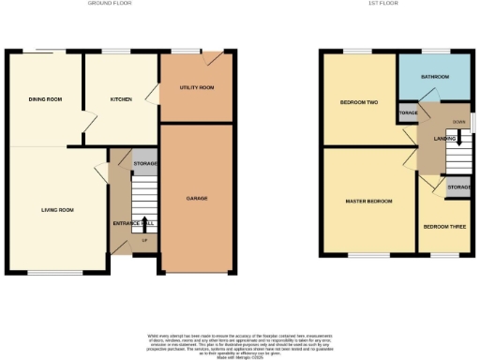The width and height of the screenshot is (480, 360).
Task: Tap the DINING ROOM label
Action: point(45,98)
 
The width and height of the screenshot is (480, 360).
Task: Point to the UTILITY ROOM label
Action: point(197,87)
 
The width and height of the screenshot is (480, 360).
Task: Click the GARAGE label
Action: point(196,198)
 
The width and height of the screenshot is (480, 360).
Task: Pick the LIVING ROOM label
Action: point(57,210)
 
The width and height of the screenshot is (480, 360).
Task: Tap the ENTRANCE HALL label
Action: point(133,222)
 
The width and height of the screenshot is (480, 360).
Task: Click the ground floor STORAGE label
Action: point(145,163)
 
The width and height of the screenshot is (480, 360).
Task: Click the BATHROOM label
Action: point(434,76)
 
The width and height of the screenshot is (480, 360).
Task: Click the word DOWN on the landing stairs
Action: point(458,122)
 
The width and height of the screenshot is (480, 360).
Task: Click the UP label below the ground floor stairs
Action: point(144,241)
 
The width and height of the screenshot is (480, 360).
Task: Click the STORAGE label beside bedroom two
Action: point(408,113)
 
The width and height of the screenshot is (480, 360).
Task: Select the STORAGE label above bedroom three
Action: point(457,188)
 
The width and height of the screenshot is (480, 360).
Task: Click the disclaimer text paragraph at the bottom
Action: point(240,344)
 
